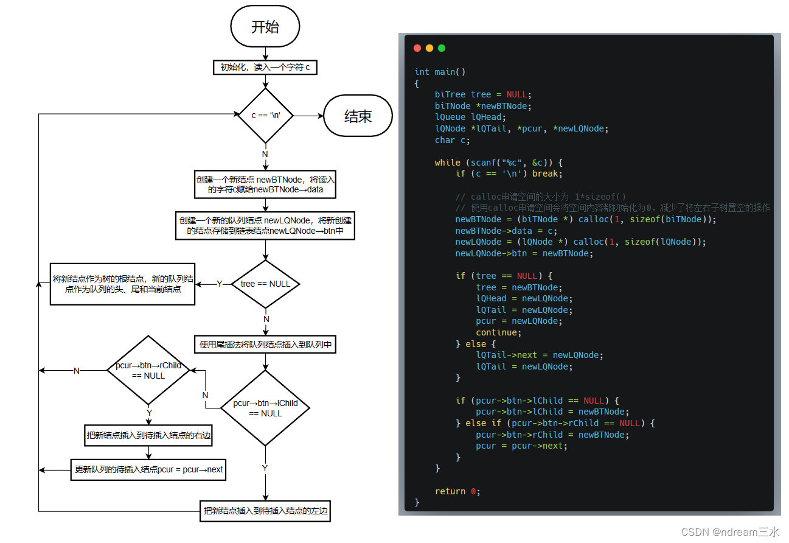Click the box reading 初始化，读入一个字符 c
[x=265, y=67]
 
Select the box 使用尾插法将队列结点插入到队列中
[x=265, y=345]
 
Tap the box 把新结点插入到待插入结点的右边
[x=148, y=435]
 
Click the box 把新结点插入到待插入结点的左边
[x=265, y=511]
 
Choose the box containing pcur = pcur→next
[x=148, y=470]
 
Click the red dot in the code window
[x=417, y=48]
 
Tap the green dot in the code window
[x=442, y=48]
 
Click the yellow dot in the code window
[x=429, y=48]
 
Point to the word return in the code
[x=450, y=491]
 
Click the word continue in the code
[x=496, y=332]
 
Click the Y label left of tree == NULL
[x=220, y=284]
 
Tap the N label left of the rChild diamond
[x=77, y=371]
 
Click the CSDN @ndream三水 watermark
[x=730, y=531]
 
